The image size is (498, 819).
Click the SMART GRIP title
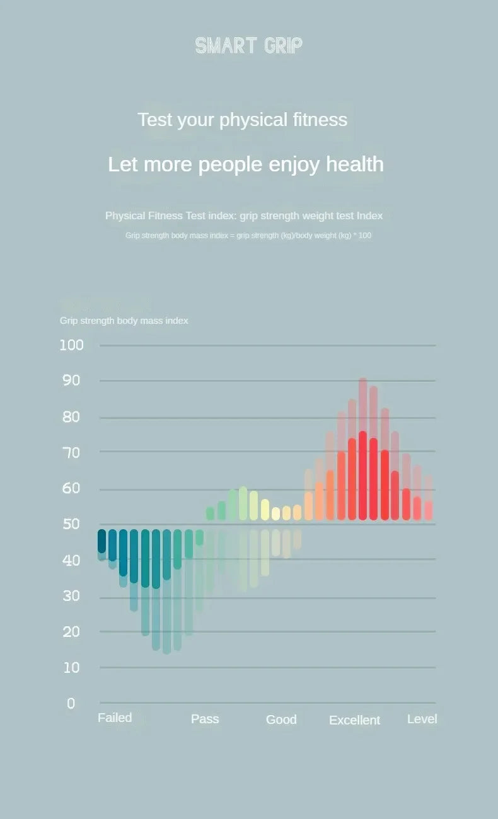pyautogui.click(x=248, y=45)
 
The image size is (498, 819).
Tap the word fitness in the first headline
pyautogui.click(x=319, y=120)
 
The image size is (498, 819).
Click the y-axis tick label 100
pyautogui.click(x=71, y=345)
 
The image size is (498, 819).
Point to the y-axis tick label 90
pyautogui.click(x=71, y=380)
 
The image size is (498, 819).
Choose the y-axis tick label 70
pyautogui.click(x=71, y=452)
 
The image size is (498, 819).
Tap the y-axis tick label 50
pyautogui.click(x=71, y=524)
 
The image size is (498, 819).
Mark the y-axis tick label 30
pyautogui.click(x=71, y=596)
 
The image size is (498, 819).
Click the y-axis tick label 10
pyautogui.click(x=71, y=667)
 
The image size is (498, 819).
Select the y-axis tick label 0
pyautogui.click(x=71, y=703)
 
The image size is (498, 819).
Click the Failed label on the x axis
pyautogui.click(x=115, y=718)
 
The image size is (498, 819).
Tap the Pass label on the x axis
pyautogui.click(x=205, y=719)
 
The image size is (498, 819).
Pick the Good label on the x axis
pyautogui.click(x=281, y=719)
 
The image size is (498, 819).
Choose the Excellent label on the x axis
pyautogui.click(x=354, y=720)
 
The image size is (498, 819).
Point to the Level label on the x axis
pyautogui.click(x=422, y=719)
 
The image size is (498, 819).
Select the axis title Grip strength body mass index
pyautogui.click(x=124, y=321)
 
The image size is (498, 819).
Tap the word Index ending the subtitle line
pyautogui.click(x=369, y=215)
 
